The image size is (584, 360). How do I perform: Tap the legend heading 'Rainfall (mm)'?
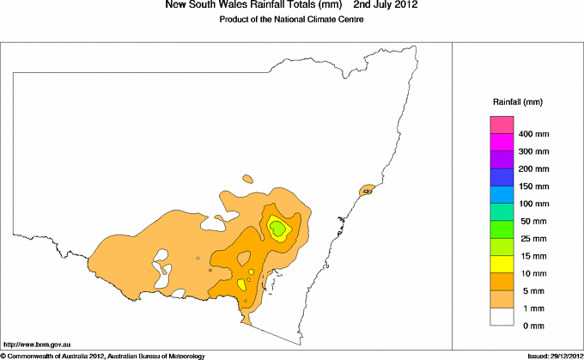(517, 102)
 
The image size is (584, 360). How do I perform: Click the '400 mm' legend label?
(534, 134)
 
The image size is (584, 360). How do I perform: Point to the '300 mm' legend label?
(534, 151)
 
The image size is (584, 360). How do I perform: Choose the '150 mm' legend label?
(534, 186)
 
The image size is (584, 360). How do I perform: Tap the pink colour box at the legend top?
(502, 125)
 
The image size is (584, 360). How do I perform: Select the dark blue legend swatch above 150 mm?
(502, 177)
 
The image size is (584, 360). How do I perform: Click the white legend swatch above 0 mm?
(502, 316)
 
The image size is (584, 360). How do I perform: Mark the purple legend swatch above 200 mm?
(502, 160)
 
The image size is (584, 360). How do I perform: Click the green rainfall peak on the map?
(277, 228)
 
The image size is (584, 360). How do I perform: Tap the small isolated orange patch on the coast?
(368, 190)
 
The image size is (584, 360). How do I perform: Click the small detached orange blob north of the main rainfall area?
(248, 180)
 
